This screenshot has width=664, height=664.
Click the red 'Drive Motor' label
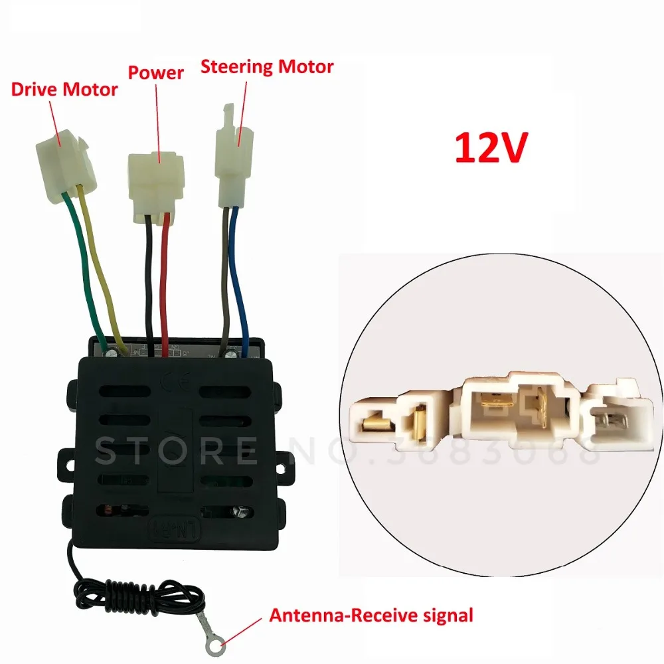point(64,90)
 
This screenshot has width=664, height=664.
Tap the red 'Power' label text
point(156,72)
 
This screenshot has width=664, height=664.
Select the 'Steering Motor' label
point(267,67)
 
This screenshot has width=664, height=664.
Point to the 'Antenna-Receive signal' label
point(371,616)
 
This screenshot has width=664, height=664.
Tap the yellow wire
point(101,267)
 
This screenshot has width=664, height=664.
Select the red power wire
point(164,284)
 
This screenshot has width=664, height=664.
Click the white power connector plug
point(156,187)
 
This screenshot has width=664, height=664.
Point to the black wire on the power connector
point(149,284)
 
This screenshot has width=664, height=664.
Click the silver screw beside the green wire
point(112,351)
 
